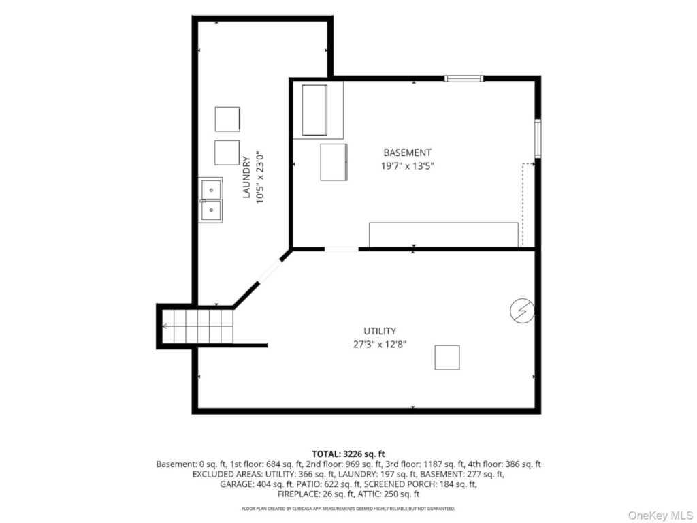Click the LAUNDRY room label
point(246,177)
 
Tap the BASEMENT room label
point(407,153)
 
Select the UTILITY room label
point(380,331)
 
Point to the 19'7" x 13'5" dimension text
point(407,166)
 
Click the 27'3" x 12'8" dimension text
point(380,344)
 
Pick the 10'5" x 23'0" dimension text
point(260,178)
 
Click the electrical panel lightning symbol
point(522,311)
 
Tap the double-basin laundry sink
point(210,200)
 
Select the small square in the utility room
point(447,357)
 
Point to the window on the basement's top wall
point(464,79)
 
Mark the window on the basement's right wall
point(538,138)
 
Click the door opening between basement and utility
point(342,249)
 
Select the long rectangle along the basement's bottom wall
point(444,234)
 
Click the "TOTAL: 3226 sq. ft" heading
point(348,454)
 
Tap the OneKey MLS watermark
point(660,516)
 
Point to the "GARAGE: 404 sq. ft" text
point(257,484)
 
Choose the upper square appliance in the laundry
point(227,119)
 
